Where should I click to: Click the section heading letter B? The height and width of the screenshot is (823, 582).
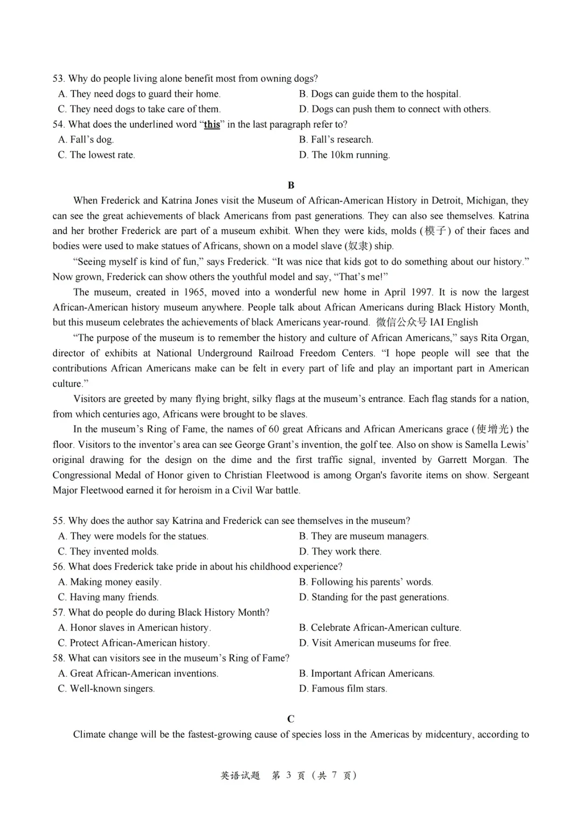(x=291, y=185)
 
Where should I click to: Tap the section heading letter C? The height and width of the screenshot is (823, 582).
(x=291, y=719)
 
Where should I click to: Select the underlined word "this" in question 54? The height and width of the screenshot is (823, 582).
(x=212, y=125)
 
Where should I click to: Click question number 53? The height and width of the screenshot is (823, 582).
(x=58, y=79)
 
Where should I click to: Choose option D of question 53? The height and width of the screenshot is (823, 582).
(x=394, y=109)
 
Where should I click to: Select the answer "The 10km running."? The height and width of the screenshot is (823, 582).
(x=350, y=155)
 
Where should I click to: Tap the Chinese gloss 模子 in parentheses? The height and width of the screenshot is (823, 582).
(x=435, y=231)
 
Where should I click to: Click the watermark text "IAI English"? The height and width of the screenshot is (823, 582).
(x=454, y=322)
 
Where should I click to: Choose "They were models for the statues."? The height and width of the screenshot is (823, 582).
(x=138, y=536)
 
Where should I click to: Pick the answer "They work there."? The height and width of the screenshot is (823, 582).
(x=346, y=551)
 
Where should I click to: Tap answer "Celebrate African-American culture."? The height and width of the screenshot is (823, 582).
(x=385, y=627)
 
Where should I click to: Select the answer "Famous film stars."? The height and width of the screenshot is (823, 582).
(x=349, y=689)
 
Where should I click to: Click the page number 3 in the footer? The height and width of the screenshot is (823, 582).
(x=289, y=775)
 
